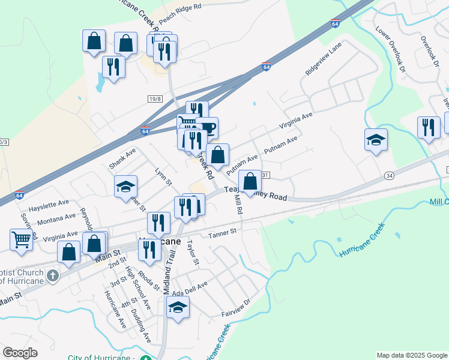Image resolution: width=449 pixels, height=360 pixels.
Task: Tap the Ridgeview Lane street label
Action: pos(322,62)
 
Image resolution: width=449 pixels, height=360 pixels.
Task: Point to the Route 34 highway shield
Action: pos(389,175)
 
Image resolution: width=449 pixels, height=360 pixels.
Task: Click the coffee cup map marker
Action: pos(207,127)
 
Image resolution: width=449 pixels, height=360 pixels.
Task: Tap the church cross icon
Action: pos(53,276)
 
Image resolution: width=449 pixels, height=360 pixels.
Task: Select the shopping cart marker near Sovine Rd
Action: pos(21,239)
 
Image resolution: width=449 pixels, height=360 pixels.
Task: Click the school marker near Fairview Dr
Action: pos(177,308)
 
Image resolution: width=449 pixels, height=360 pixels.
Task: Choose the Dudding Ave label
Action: pos(140,325)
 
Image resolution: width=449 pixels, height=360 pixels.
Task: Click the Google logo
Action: pos(20,353)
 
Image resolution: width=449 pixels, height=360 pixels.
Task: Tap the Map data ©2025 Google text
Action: pos(411,355)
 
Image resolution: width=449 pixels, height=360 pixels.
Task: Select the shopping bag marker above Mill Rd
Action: pos(249,181)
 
